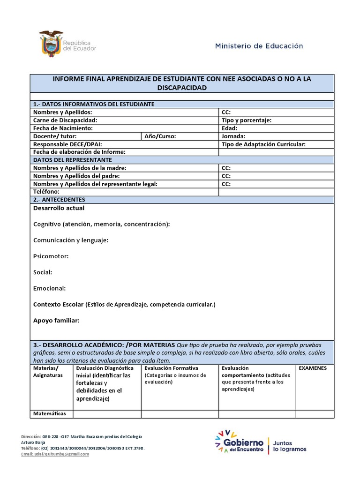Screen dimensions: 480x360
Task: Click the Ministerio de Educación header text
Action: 259,46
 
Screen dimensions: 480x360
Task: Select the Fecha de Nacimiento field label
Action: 63,128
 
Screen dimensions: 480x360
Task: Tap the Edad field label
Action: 229,128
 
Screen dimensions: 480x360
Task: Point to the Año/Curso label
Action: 160,136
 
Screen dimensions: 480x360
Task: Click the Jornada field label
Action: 233,136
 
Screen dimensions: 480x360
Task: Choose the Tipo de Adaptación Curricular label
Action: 263,144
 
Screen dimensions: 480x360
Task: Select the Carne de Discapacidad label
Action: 65,120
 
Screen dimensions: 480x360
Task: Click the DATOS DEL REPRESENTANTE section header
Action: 72,160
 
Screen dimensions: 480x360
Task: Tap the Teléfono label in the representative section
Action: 46,192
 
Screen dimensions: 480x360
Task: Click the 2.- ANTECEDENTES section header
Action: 59,200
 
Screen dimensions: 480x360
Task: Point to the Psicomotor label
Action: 51,256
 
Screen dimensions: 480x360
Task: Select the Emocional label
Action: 50,288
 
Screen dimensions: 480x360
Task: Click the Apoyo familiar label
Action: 56,320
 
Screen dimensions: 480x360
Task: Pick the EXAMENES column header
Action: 313,368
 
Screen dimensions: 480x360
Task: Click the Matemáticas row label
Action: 50,413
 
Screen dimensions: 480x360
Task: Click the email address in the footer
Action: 55,454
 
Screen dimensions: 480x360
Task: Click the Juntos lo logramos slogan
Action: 289,445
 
